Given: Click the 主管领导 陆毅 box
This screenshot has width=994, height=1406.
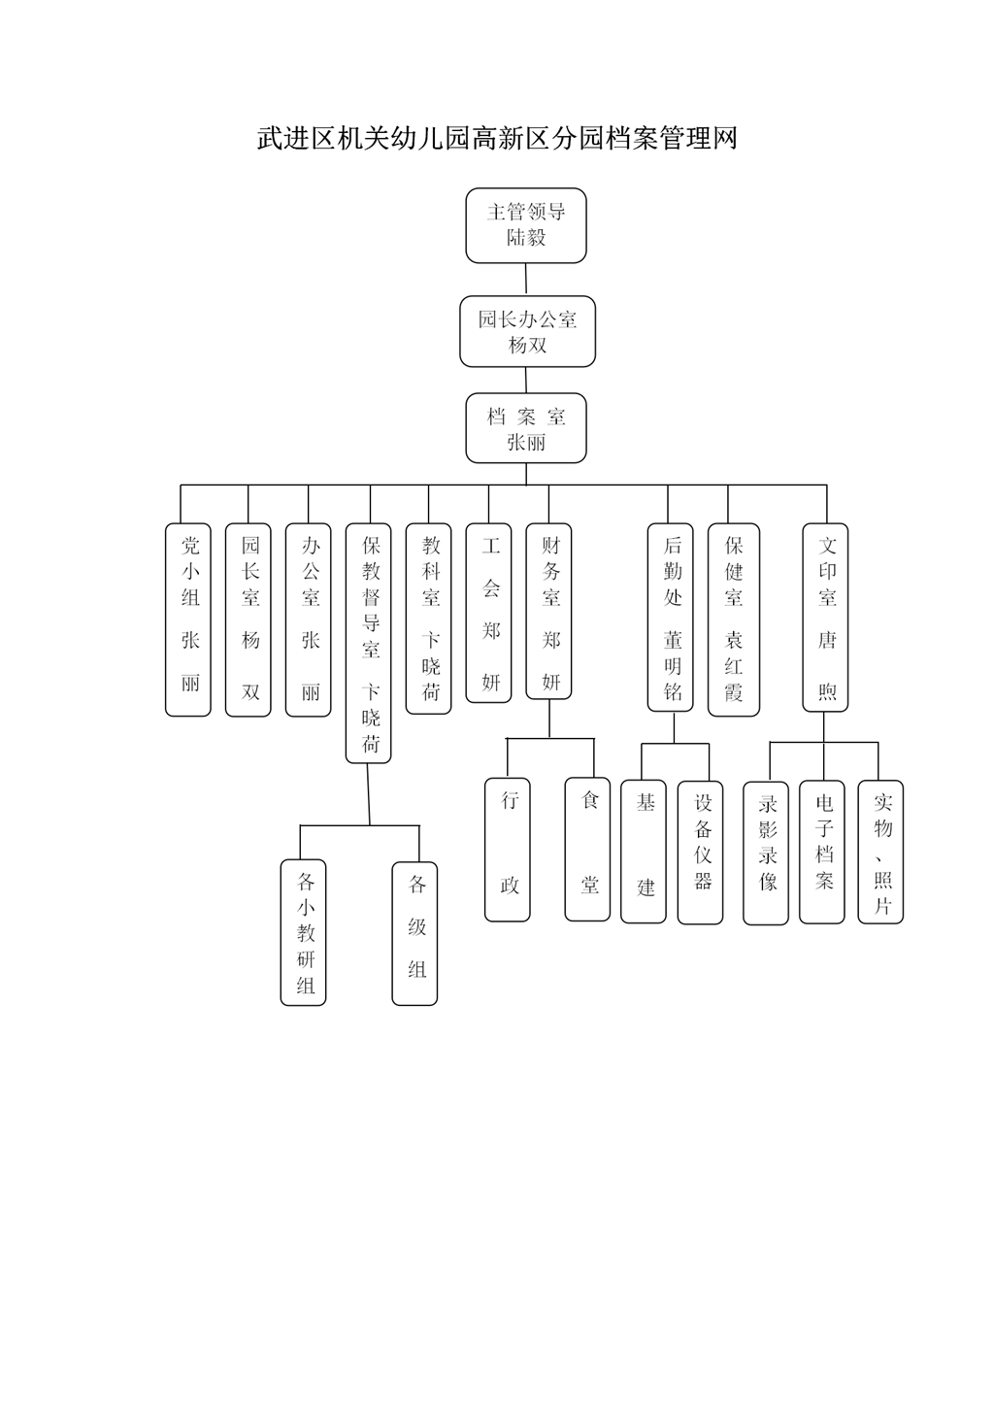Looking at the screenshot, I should click(526, 225).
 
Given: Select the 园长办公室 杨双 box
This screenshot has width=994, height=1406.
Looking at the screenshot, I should click(527, 332).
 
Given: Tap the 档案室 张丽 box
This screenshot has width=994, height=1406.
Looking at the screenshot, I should click(526, 428).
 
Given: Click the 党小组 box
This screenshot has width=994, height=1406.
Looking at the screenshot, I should click(188, 619).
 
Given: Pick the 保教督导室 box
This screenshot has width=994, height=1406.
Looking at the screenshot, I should click(369, 643).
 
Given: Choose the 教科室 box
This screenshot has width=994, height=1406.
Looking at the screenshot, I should click(429, 619).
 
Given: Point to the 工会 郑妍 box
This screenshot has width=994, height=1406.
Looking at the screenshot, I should click(489, 613).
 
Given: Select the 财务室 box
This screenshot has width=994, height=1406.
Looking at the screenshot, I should click(549, 611).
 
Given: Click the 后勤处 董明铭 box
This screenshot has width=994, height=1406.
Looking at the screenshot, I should click(671, 617).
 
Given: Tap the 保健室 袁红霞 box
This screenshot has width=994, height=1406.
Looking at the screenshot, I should click(733, 619).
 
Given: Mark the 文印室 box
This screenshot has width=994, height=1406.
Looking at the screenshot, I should click(825, 617).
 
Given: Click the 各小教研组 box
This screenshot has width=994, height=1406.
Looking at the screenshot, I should click(304, 932).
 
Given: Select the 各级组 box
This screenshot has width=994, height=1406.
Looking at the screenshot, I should click(415, 932).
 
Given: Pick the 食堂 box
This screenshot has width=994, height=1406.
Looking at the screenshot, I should click(588, 850).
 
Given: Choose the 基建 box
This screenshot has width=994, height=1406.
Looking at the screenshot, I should click(644, 851).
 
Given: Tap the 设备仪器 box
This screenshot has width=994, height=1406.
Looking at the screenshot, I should click(701, 852).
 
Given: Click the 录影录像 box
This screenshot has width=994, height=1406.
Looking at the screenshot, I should click(766, 853).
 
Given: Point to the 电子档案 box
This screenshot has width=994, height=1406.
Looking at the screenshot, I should click(822, 852).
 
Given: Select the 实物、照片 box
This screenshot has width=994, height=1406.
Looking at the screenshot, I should click(880, 852).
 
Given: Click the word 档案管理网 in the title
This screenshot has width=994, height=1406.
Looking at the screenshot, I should click(671, 139).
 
